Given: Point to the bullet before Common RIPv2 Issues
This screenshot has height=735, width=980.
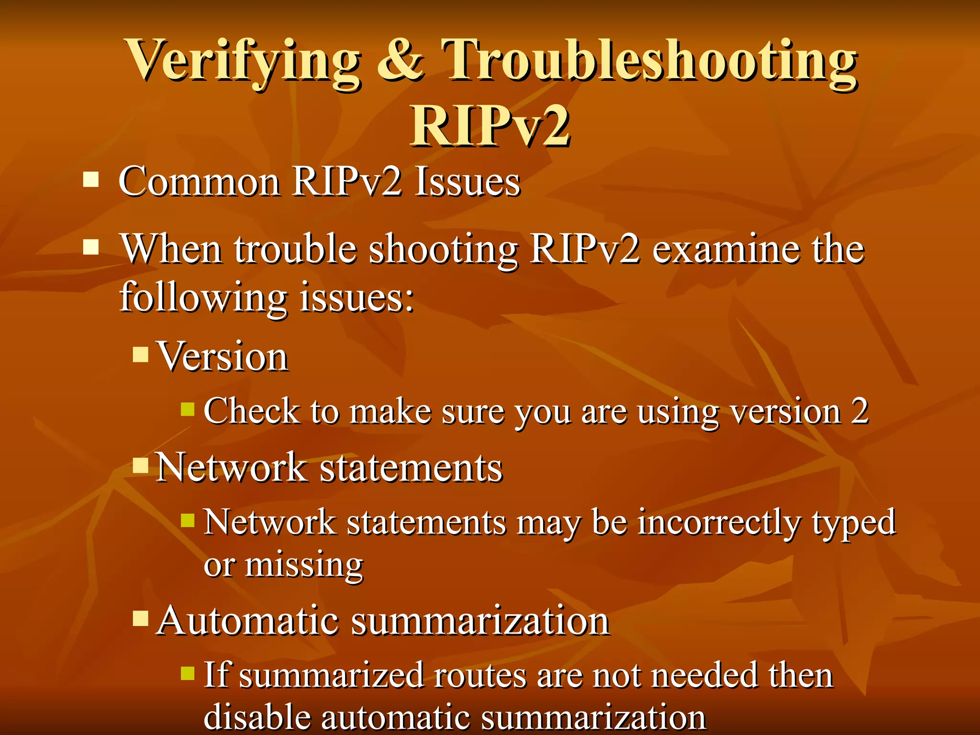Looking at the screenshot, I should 90,180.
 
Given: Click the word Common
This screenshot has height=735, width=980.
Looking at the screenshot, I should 199,182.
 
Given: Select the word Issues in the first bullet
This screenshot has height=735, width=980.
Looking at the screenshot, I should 467,182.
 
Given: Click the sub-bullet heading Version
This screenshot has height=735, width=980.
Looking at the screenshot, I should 223,356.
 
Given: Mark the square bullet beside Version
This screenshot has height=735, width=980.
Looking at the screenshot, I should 141,354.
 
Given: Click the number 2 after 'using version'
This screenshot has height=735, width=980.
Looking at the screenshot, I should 859,411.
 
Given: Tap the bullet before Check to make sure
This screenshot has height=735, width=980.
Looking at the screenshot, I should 188,409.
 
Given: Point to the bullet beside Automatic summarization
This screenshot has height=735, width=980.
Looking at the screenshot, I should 141,618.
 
